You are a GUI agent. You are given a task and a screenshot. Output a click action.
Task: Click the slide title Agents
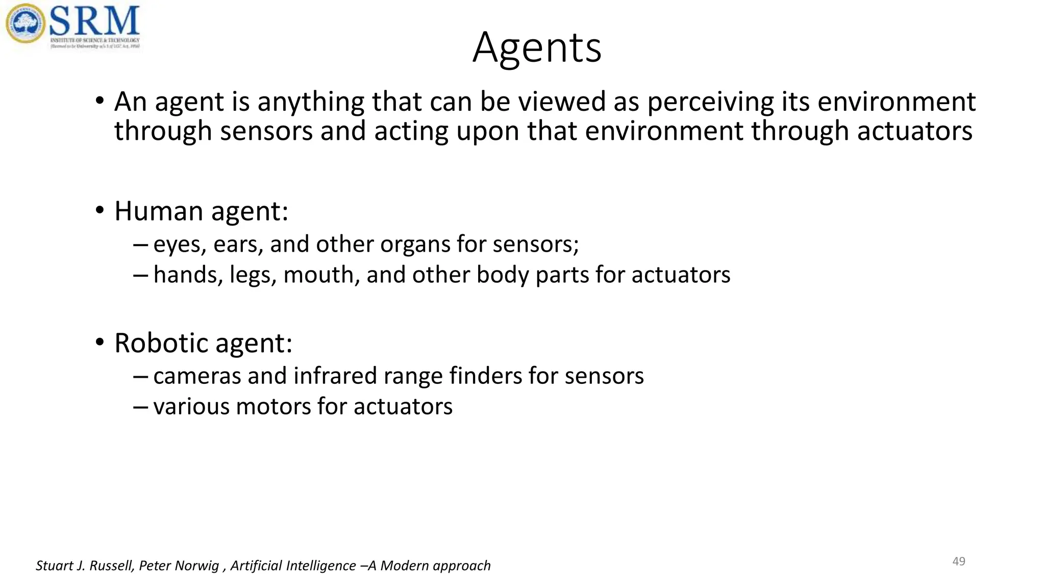point(537,47)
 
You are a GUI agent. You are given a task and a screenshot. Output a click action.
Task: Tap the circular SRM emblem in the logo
point(26,23)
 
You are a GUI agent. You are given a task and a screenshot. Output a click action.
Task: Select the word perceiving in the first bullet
point(711,102)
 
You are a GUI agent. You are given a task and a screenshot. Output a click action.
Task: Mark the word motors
point(272,407)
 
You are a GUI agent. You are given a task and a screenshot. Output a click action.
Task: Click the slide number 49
point(959,561)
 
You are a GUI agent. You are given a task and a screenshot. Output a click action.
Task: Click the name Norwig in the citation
point(198,566)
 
